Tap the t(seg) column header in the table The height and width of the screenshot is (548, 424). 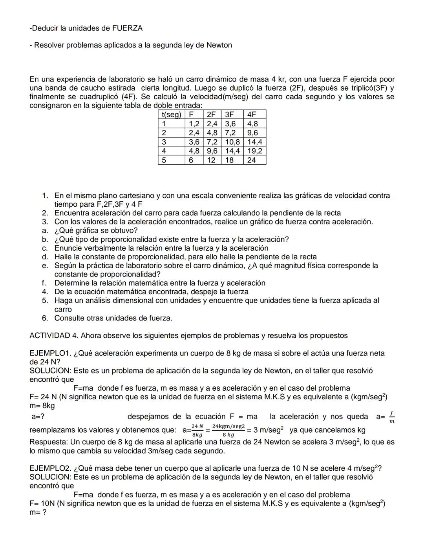click(171, 115)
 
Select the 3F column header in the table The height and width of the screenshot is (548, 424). click(229, 115)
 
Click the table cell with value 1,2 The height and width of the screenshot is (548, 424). click(194, 124)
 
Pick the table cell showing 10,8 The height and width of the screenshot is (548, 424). click(232, 142)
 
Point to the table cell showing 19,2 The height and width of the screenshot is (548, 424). click(254, 151)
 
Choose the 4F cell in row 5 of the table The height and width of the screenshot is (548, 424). click(252, 160)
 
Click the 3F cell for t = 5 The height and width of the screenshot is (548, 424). click(229, 160)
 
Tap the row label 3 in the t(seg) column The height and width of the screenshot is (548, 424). click(164, 142)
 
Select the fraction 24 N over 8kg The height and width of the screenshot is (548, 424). click(197, 430)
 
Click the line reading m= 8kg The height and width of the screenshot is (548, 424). click(42, 406)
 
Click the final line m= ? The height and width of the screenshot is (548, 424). click(38, 512)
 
